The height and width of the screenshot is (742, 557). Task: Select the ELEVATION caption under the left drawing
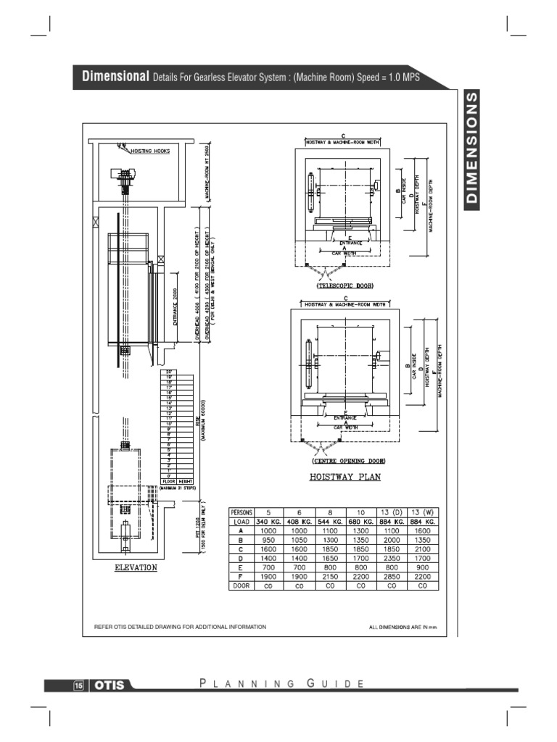[x=135, y=567]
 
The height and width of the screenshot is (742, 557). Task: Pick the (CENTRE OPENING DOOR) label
[x=348, y=461]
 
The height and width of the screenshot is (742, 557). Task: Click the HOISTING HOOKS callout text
[x=150, y=151]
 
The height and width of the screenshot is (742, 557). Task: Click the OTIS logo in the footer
[x=109, y=685]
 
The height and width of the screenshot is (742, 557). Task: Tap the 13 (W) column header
[x=421, y=512]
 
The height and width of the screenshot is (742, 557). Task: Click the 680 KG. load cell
[x=360, y=521]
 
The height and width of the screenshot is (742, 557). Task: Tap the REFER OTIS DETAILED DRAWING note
[x=181, y=627]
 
